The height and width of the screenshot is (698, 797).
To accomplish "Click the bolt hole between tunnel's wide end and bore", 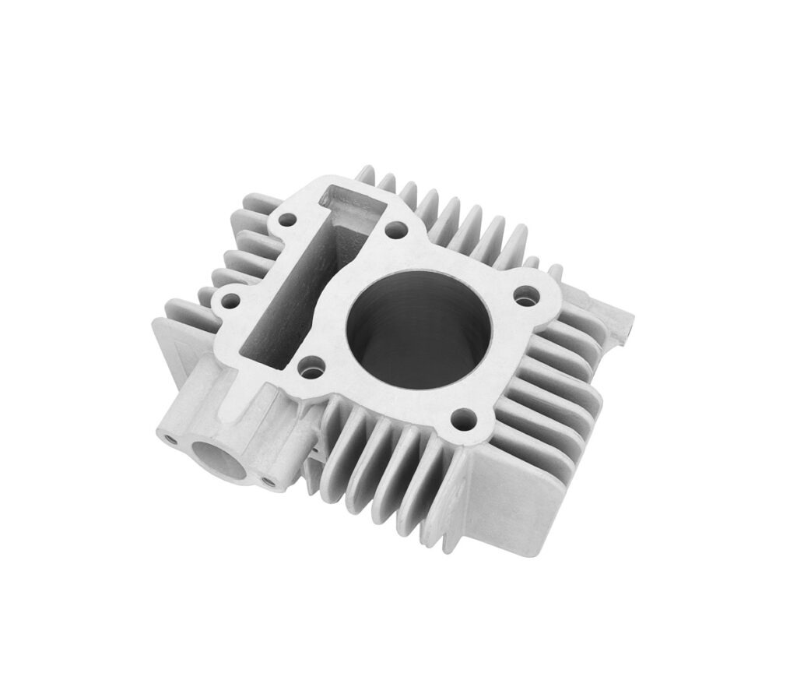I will coord(395,230).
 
